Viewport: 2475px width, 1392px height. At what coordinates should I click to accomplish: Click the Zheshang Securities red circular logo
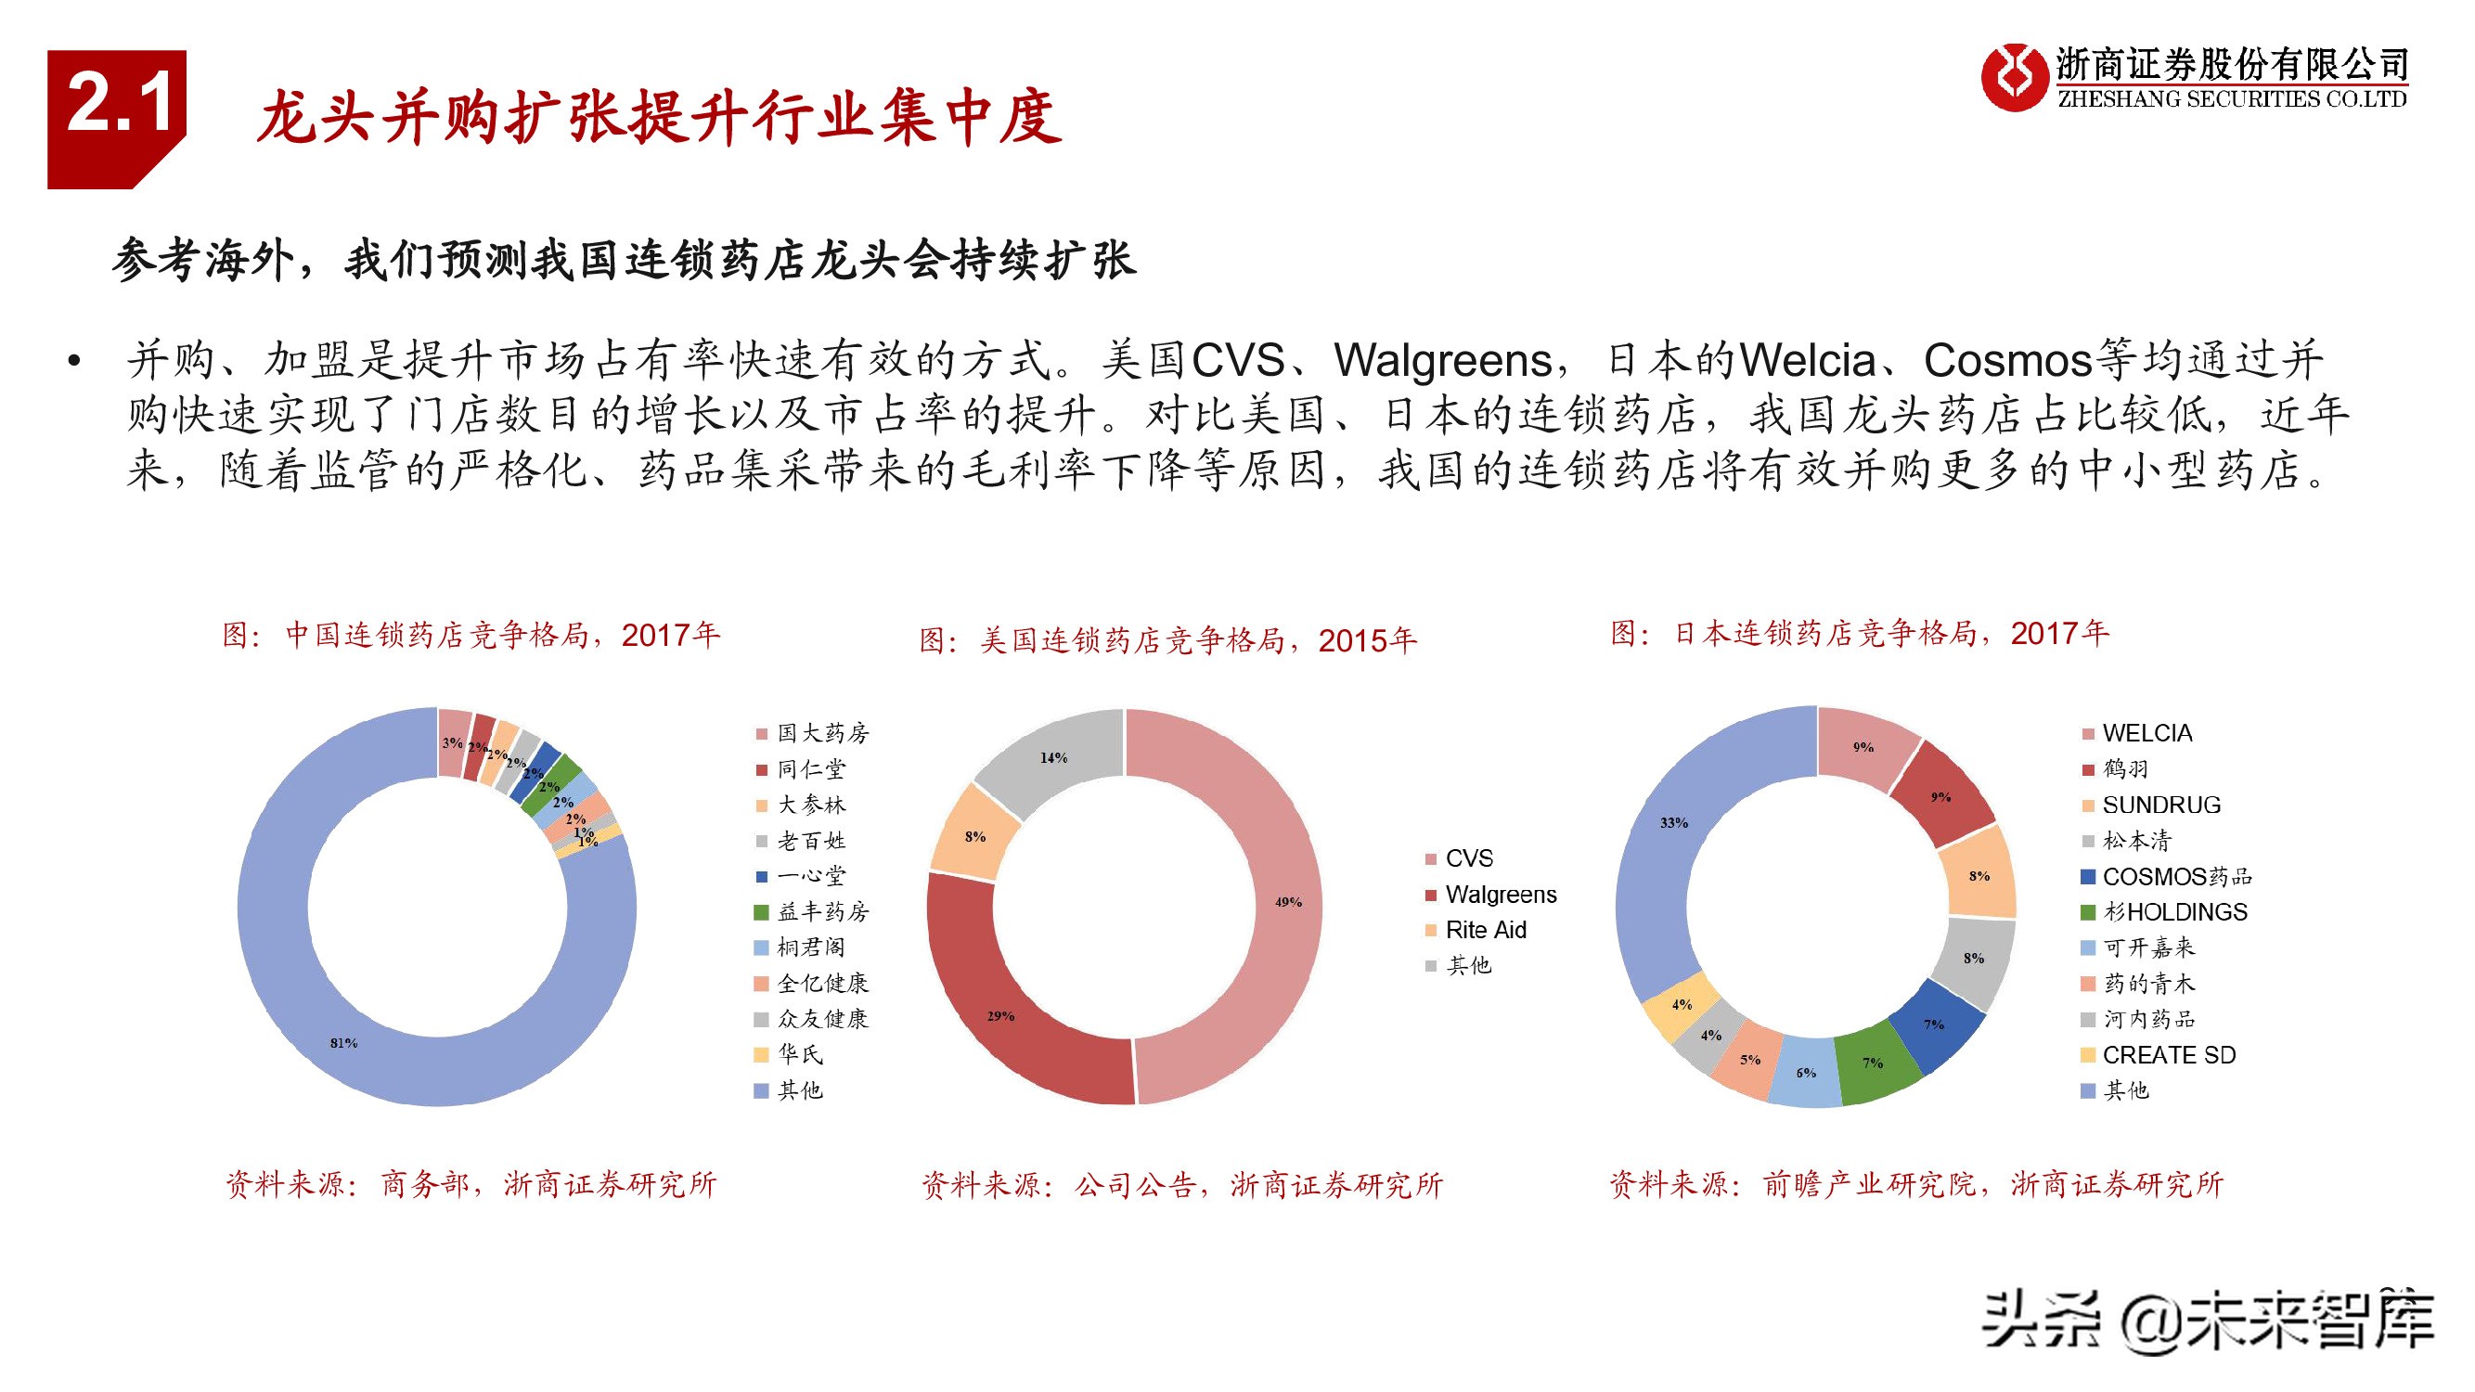pyautogui.click(x=2013, y=77)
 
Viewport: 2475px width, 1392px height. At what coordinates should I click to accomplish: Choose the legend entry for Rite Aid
pyautogui.click(x=1486, y=930)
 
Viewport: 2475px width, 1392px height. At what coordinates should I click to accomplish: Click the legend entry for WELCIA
pyautogui.click(x=2146, y=733)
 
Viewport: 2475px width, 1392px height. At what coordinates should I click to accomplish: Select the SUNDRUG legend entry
pyautogui.click(x=2160, y=805)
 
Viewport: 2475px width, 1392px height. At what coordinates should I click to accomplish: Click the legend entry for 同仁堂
pyautogui.click(x=810, y=769)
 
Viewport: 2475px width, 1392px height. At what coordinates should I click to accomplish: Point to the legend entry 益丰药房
pyautogui.click(x=821, y=911)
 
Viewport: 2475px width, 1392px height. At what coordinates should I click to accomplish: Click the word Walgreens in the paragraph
pyautogui.click(x=1442, y=361)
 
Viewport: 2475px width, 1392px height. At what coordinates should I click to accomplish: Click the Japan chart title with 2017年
pyautogui.click(x=1859, y=634)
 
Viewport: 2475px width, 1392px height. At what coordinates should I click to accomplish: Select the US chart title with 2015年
pyautogui.click(x=1167, y=640)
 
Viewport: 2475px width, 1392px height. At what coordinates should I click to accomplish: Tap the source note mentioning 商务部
pyautogui.click(x=471, y=1184)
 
